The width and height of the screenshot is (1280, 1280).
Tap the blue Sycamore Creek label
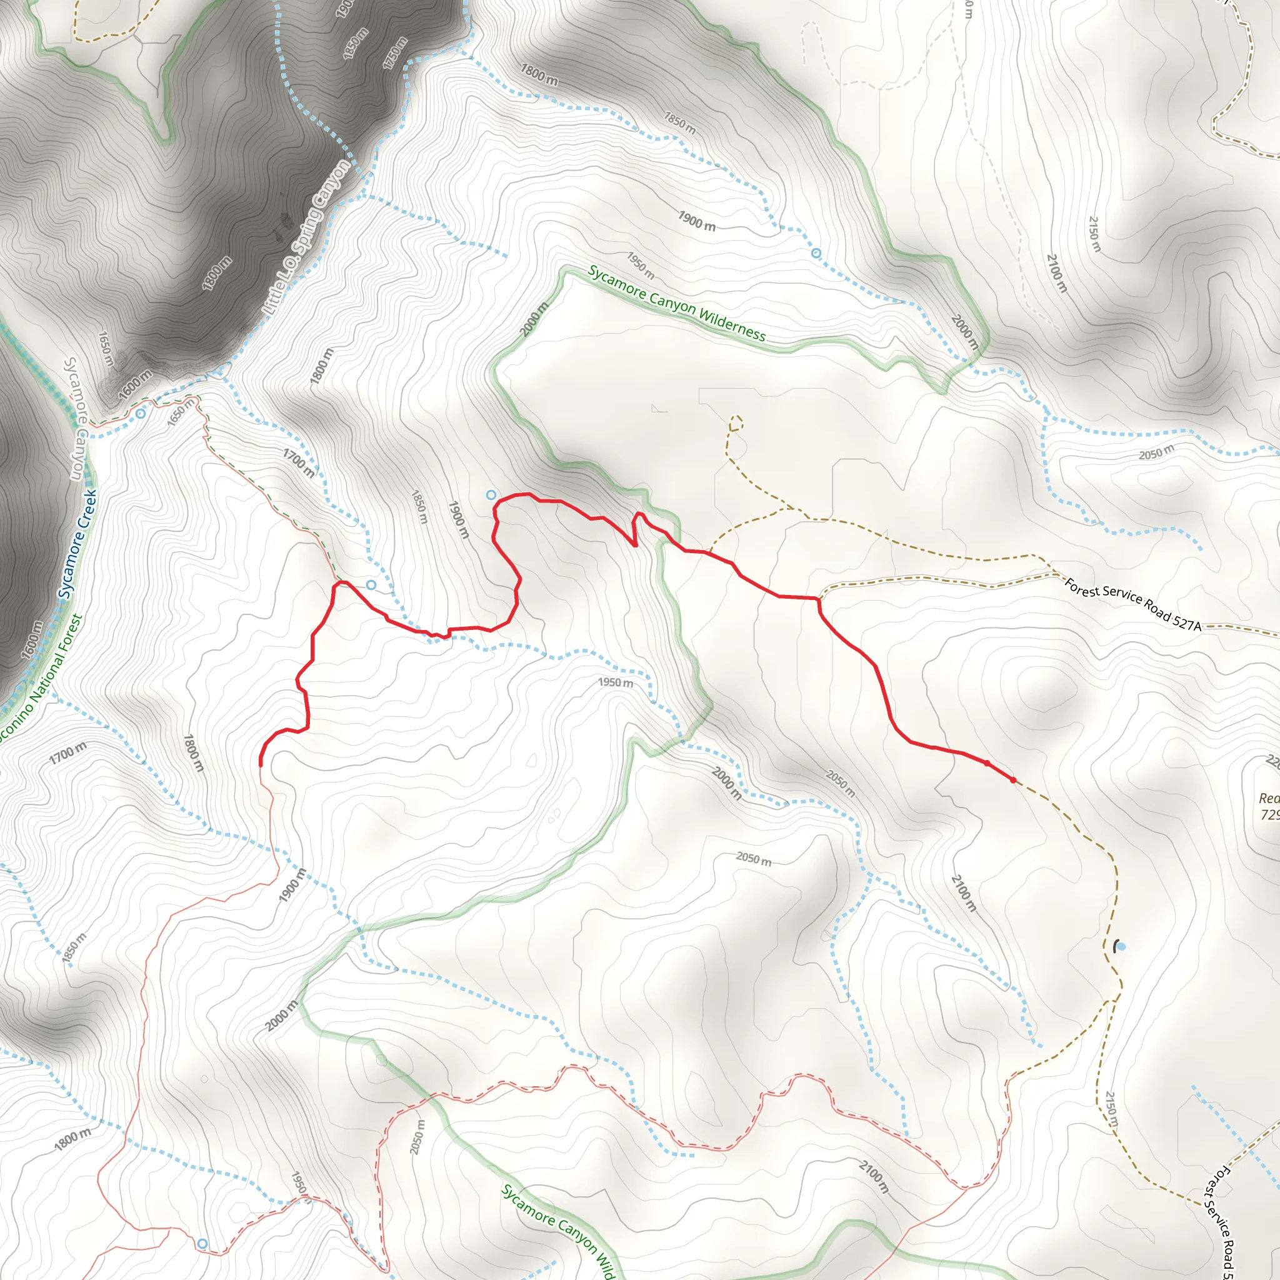78,544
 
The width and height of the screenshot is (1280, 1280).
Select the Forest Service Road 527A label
1132,605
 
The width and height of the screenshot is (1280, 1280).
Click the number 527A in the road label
1186,621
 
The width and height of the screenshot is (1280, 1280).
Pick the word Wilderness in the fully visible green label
731,323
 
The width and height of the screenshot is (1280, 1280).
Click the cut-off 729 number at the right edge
1270,815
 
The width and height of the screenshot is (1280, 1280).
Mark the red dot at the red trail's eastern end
1013,780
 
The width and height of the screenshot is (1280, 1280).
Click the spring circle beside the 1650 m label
141,414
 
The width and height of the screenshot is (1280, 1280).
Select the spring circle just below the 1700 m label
371,584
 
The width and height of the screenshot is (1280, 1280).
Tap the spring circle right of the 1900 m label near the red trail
491,495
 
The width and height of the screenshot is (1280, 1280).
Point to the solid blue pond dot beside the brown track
1122,947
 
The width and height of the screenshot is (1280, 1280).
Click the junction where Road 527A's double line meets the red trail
819,598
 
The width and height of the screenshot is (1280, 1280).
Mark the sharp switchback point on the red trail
636,545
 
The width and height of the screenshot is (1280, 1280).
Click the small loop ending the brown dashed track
736,422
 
